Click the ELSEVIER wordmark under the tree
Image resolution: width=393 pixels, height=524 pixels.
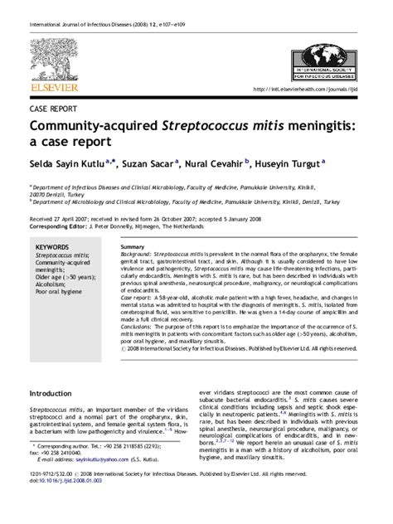click(54, 86)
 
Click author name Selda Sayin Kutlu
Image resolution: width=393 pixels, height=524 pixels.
click(68, 164)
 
